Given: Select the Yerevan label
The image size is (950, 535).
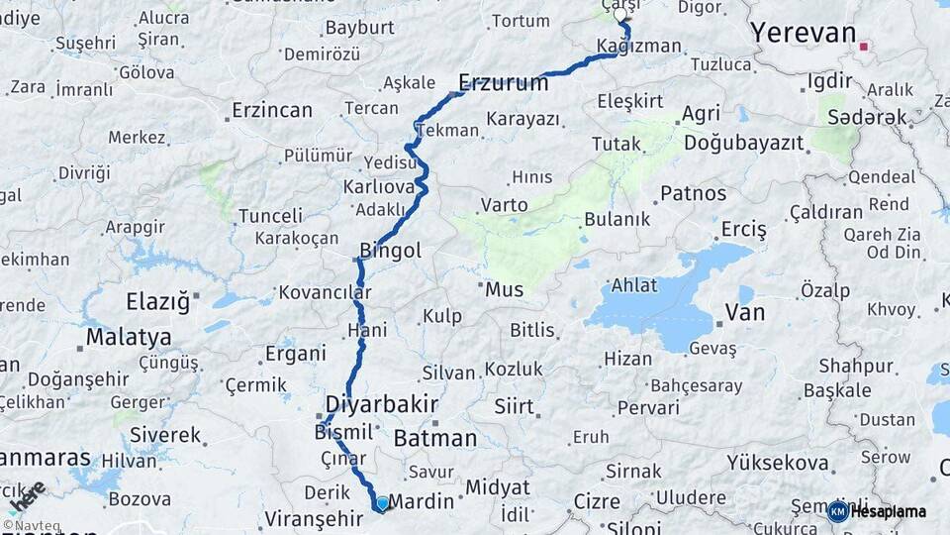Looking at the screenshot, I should pyautogui.click(x=803, y=33).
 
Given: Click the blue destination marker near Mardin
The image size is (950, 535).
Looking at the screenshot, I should pyautogui.click(x=382, y=503).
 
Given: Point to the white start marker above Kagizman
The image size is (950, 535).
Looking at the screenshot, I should pyautogui.click(x=621, y=15).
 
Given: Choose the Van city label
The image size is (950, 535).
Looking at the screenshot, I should pyautogui.click(x=745, y=313).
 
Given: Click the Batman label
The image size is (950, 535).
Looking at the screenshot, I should pyautogui.click(x=434, y=438).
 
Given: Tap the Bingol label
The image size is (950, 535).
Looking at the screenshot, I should pyautogui.click(x=391, y=251).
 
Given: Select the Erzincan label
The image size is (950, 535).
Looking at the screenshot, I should pyautogui.click(x=272, y=110).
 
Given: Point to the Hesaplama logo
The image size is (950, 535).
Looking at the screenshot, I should pyautogui.click(x=876, y=511).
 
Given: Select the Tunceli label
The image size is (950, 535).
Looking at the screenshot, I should pyautogui.click(x=270, y=215).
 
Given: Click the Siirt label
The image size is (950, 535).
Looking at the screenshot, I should pyautogui.click(x=515, y=406).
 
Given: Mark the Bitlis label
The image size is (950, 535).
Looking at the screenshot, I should pyautogui.click(x=532, y=330).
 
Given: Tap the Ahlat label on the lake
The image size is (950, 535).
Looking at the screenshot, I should pyautogui.click(x=634, y=285).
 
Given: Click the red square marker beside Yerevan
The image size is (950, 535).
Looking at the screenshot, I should pyautogui.click(x=864, y=46).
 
